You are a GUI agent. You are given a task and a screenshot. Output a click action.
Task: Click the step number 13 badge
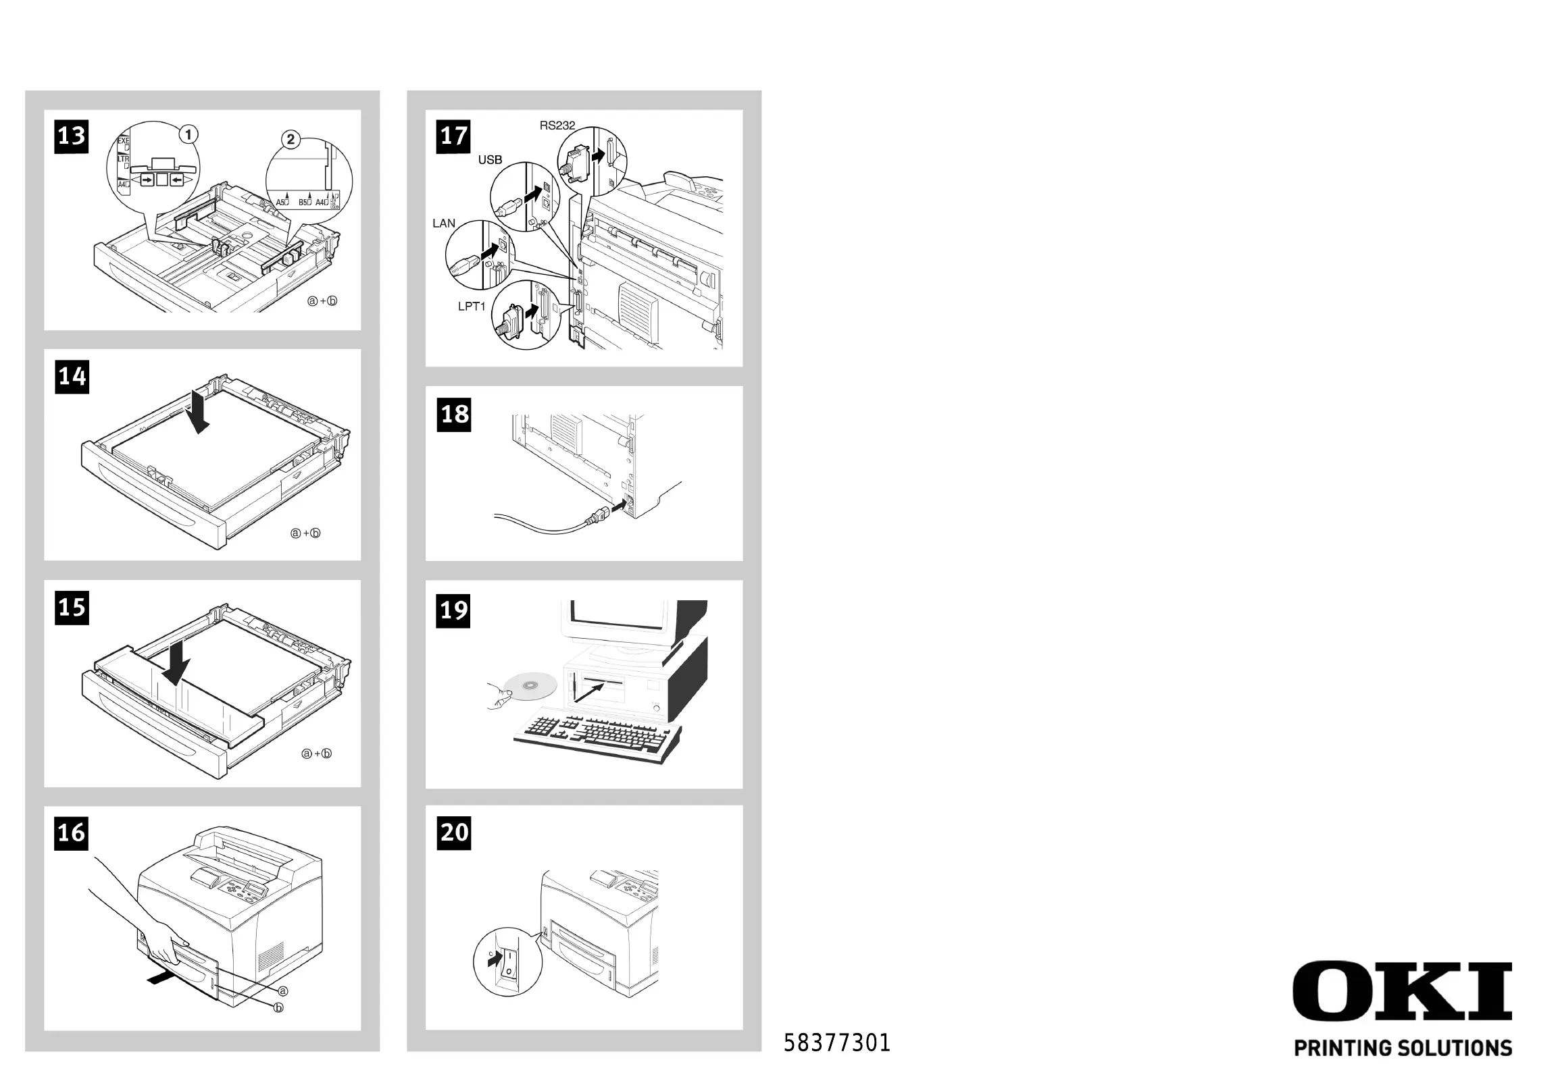pyautogui.click(x=71, y=136)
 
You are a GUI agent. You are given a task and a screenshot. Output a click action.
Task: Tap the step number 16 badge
pyautogui.click(x=71, y=833)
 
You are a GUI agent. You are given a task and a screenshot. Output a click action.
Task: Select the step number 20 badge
pyautogui.click(x=454, y=833)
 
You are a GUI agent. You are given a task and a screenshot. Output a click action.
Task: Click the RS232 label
pyautogui.click(x=557, y=126)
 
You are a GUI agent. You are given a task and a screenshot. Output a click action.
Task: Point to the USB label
pyautogui.click(x=490, y=160)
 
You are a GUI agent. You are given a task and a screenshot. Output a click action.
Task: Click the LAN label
pyautogui.click(x=444, y=223)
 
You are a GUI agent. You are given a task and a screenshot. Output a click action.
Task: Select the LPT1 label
pyautogui.click(x=472, y=307)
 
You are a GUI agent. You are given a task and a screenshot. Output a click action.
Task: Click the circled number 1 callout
pyautogui.click(x=189, y=134)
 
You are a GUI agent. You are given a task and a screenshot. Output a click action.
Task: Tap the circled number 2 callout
pyautogui.click(x=291, y=140)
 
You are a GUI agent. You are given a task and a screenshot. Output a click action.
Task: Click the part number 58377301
pyautogui.click(x=836, y=1043)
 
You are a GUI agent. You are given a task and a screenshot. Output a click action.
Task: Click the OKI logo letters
pyautogui.click(x=1402, y=990)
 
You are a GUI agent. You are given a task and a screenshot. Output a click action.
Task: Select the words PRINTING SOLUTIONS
pyautogui.click(x=1403, y=1049)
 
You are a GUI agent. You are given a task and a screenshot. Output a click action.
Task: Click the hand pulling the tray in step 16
pyautogui.click(x=161, y=940)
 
